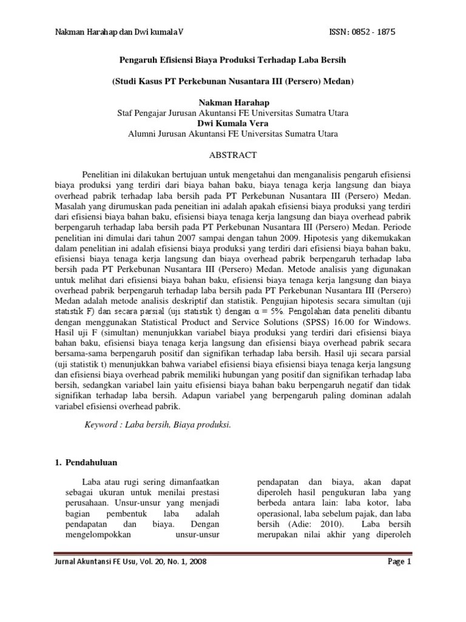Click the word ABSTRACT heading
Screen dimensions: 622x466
coord(233,155)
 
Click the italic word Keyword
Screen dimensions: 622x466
coord(102,425)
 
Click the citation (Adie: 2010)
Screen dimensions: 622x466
coord(323,524)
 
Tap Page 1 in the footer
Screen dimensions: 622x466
coord(400,562)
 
